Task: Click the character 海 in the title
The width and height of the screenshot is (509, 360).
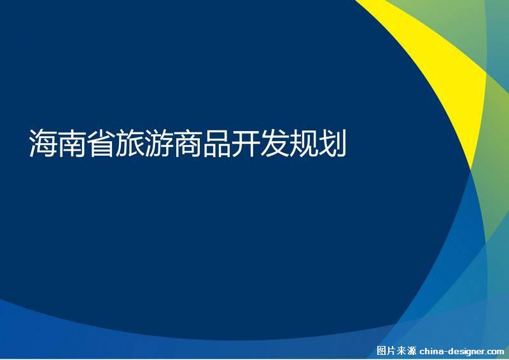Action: [43, 143]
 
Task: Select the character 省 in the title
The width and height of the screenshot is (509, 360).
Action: [101, 143]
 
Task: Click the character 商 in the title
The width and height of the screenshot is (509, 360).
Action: [188, 143]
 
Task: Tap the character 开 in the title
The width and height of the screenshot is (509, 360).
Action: [246, 143]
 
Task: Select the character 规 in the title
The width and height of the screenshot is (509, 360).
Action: [303, 143]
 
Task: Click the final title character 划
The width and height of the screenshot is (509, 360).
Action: [332, 143]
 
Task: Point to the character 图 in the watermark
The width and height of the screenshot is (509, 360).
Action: [381, 351]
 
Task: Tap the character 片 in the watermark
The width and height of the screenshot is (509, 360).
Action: [391, 351]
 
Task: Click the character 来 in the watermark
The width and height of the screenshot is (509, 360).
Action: [401, 351]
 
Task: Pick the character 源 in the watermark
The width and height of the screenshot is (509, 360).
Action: [411, 351]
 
